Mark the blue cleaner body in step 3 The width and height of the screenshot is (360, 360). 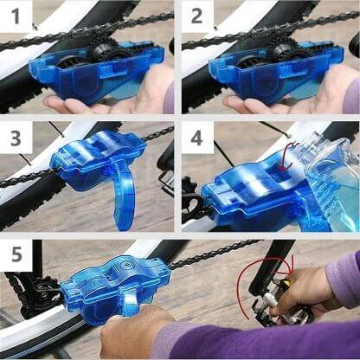point(87,160)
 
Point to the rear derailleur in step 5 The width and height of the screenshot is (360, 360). point(30,290)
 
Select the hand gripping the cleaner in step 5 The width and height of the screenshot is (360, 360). point(138,333)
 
